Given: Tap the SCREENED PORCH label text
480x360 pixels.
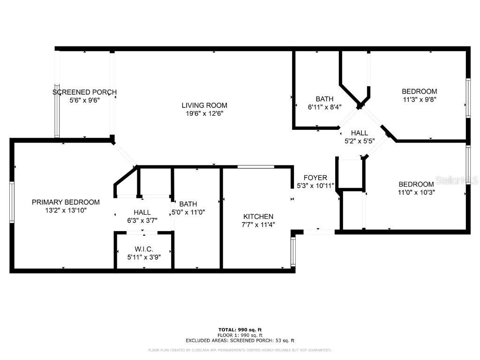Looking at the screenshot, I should pyautogui.click(x=84, y=92).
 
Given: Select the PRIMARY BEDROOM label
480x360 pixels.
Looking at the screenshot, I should pyautogui.click(x=66, y=202).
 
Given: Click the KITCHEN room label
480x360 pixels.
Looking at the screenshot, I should pyautogui.click(x=258, y=217).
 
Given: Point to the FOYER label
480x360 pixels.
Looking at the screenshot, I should pyautogui.click(x=315, y=178).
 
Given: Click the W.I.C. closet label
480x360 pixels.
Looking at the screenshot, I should pyautogui.click(x=143, y=249).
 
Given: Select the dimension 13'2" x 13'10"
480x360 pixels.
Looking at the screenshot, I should pyautogui.click(x=66, y=210).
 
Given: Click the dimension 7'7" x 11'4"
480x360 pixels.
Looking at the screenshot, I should pyautogui.click(x=258, y=225).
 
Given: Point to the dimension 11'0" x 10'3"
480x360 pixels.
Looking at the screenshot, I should pyautogui.click(x=416, y=192).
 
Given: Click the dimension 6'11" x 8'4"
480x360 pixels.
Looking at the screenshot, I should pyautogui.click(x=324, y=107).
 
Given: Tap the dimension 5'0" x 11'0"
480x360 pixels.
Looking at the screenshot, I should pyautogui.click(x=187, y=212).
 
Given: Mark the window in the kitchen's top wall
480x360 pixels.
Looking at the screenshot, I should pyautogui.click(x=256, y=166).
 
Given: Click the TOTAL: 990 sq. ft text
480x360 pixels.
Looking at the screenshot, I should pyautogui.click(x=240, y=330).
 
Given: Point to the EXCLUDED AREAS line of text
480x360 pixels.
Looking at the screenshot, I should pyautogui.click(x=240, y=341).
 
